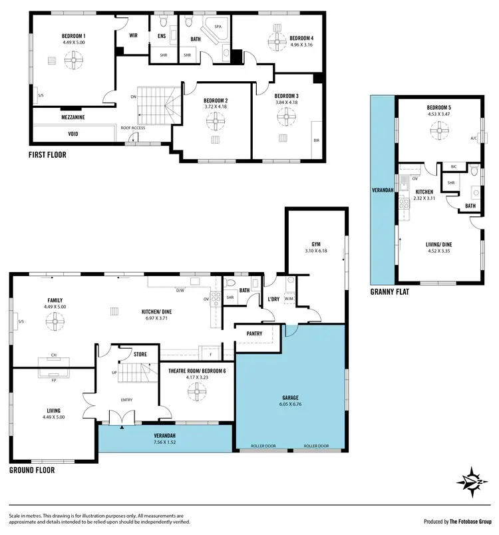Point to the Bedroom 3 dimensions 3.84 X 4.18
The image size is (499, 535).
pyautogui.click(x=286, y=102)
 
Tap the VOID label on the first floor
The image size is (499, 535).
pyautogui.click(x=73, y=133)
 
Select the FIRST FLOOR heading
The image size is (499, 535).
pyautogui.click(x=47, y=156)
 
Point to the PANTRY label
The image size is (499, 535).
pyautogui.click(x=254, y=333)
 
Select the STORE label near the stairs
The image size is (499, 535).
pyautogui.click(x=140, y=355)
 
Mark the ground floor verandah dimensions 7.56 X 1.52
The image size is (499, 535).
pyautogui.click(x=164, y=441)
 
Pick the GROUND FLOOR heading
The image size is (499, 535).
pyautogui.click(x=32, y=470)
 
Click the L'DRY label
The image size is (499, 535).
pyautogui.click(x=273, y=299)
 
